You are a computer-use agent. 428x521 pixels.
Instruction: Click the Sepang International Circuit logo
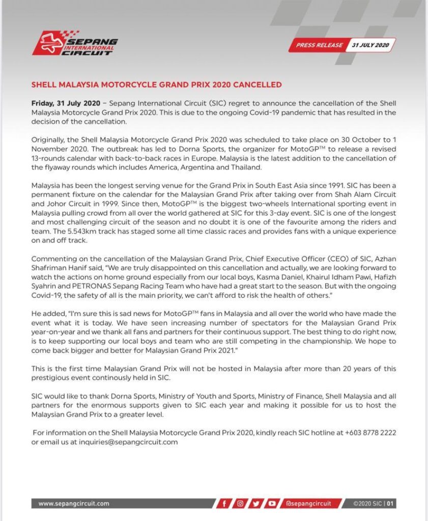[x=75, y=43]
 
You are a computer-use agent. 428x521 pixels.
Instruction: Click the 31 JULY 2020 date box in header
[x=370, y=45]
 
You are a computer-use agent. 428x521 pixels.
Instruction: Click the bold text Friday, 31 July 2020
[x=66, y=103]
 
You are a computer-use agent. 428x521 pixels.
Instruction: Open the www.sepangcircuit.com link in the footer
[x=74, y=504]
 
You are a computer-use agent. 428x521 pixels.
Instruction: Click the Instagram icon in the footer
[x=240, y=504]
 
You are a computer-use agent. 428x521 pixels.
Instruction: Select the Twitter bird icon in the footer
[x=256, y=504]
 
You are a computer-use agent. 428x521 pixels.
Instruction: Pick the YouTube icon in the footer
[x=273, y=504]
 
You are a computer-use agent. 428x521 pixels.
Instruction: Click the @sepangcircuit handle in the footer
[x=308, y=504]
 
